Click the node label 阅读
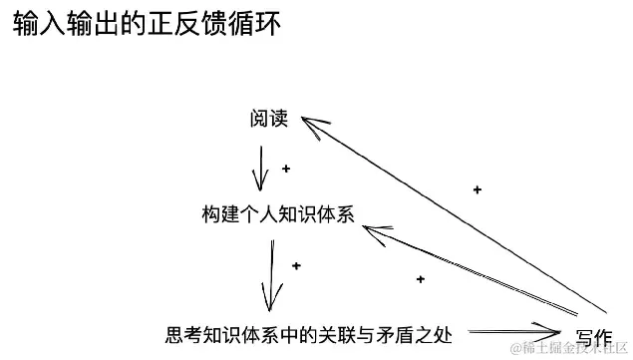(x=268, y=119)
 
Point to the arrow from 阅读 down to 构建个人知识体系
(x=261, y=168)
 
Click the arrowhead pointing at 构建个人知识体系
(x=373, y=233)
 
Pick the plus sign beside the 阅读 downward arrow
(x=286, y=170)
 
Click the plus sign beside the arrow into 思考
(x=295, y=266)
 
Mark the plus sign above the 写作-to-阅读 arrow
(x=476, y=189)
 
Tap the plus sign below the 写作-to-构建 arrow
(x=421, y=279)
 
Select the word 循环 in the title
(x=253, y=24)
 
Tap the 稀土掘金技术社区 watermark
(x=567, y=347)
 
